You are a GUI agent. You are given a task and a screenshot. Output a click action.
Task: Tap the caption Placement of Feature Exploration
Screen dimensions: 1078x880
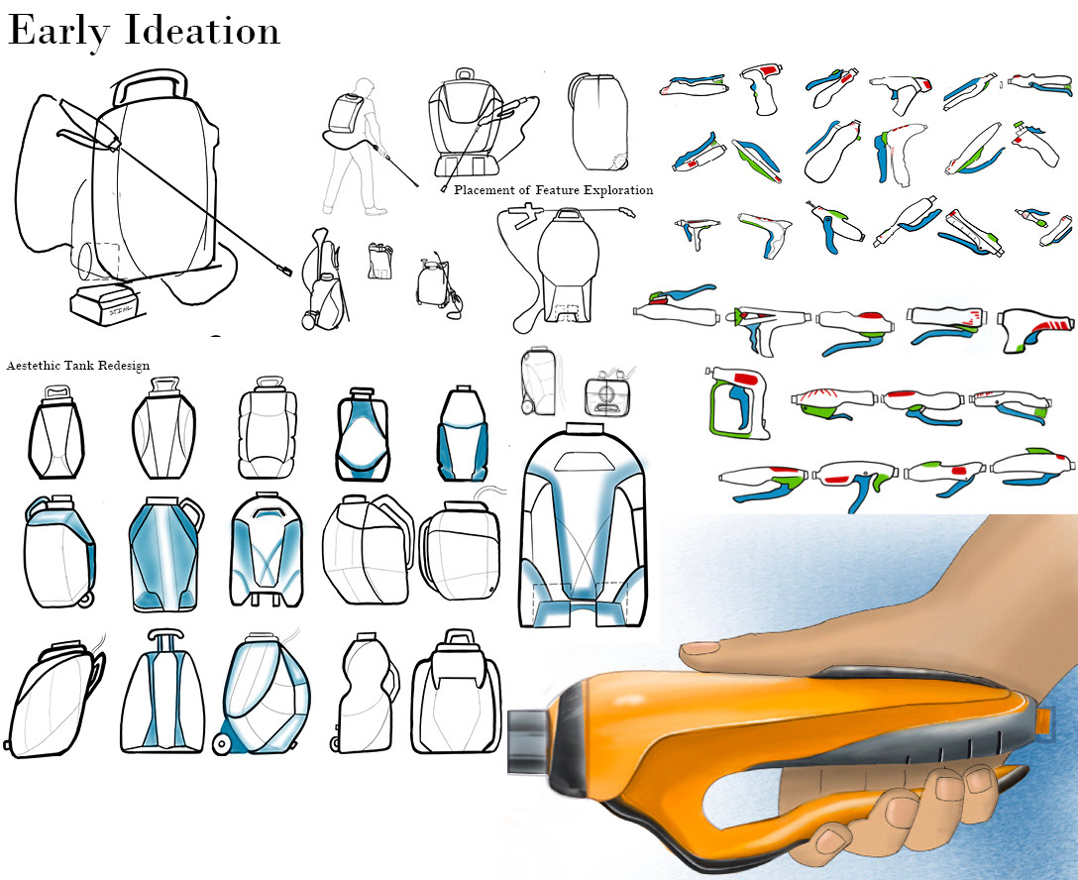pos(553,190)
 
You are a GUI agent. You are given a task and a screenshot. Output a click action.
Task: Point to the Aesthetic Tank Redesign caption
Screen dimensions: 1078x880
pos(78,366)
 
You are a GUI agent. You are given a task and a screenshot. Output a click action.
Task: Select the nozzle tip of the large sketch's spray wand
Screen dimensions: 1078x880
pos(283,269)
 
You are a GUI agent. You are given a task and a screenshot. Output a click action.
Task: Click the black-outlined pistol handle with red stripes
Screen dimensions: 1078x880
pos(1036,334)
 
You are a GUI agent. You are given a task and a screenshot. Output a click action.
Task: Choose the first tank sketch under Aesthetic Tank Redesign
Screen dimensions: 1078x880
pos(54,430)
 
